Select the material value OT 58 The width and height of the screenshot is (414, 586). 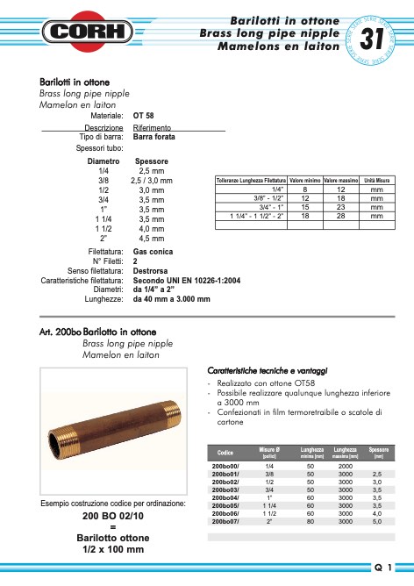pos(144,115)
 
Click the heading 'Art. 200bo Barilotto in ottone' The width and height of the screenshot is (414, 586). pos(97,332)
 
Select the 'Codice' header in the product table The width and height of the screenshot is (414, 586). pos(225,453)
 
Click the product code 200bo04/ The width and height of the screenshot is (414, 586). pos(226,498)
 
